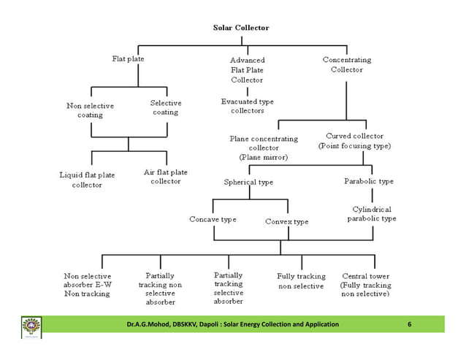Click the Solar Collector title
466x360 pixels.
pos(240,28)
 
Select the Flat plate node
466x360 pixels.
pos(128,59)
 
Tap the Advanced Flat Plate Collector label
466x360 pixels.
pos(248,69)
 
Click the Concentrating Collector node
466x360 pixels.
pos(347,64)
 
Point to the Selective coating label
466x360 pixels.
pos(166,107)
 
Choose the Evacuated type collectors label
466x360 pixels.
pos(248,106)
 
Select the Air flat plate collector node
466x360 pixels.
pos(166,177)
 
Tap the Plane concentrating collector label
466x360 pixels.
pos(264,147)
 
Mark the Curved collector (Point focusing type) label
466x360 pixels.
pos(354,141)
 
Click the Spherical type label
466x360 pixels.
pos(248,182)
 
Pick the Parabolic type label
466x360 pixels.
pos(369,181)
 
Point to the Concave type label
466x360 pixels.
pos(213,219)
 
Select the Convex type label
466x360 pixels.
pos(286,221)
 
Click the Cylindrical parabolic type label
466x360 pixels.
pos(372,213)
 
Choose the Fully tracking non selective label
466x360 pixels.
pos(300,281)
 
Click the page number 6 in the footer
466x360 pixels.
pos(410,323)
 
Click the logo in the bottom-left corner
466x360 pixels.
pos(32,326)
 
